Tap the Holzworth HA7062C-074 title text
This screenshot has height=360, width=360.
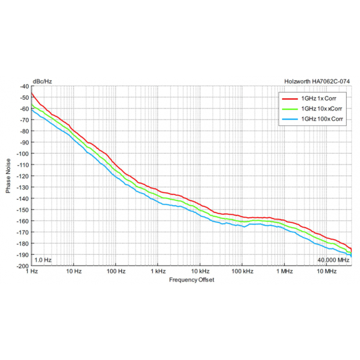(318, 81)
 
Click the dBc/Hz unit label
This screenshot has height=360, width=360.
(42, 81)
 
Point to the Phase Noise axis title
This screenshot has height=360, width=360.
(9, 176)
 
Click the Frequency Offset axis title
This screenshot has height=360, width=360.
(192, 280)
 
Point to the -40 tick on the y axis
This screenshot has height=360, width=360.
(24, 87)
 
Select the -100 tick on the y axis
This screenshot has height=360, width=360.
(23, 154)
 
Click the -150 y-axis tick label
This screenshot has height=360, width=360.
(23, 210)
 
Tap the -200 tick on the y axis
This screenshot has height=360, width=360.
(23, 266)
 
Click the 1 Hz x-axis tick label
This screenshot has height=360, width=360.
(33, 272)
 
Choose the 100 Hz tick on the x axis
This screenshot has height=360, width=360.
(116, 272)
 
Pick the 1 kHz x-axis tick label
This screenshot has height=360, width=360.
(158, 272)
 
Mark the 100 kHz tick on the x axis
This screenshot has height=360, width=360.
(242, 272)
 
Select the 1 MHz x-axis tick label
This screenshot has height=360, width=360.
(285, 272)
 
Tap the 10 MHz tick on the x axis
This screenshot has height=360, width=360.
(326, 272)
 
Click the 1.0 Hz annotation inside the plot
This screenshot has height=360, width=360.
(43, 260)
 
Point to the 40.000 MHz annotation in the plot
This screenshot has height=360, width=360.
(333, 260)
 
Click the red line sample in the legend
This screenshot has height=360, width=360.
(289, 98)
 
